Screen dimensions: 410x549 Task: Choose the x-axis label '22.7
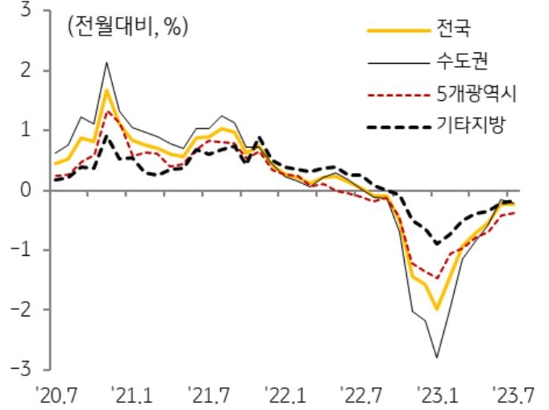[x=361, y=395]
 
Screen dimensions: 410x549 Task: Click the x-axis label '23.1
[x=439, y=395]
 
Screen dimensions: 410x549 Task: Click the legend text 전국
[x=453, y=31]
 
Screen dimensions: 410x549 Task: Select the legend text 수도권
[x=462, y=62]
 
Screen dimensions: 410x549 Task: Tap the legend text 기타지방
[x=471, y=125]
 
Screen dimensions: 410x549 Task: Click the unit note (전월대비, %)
[x=127, y=27]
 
